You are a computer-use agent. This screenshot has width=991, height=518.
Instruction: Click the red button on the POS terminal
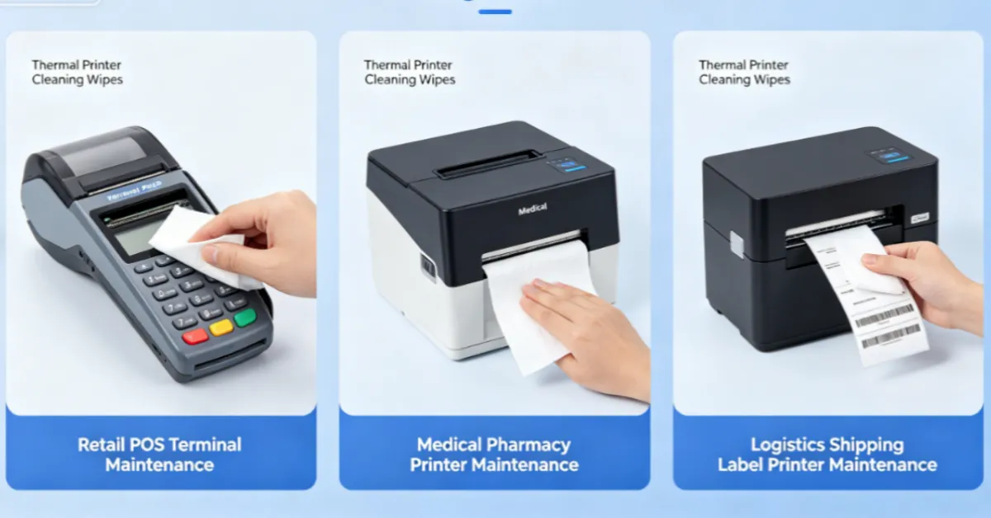195,337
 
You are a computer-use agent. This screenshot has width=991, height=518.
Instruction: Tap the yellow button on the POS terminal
220,327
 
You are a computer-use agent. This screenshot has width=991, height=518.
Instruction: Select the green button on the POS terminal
244,318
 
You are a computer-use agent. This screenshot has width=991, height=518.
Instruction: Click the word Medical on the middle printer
532,210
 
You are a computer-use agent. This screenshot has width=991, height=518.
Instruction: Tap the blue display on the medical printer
569,165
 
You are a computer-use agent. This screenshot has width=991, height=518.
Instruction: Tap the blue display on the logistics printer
889,155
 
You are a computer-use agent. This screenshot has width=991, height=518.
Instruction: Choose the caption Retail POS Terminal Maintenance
159,454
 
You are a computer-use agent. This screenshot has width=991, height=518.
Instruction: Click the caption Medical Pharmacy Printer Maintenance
494,454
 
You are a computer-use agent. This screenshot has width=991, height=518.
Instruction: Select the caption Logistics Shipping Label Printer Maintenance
827,454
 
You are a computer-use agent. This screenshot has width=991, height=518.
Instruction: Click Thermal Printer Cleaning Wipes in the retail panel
77,73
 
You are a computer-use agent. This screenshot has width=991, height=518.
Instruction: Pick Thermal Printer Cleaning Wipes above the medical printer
410,73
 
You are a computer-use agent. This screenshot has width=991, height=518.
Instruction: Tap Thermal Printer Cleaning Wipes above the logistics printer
744,73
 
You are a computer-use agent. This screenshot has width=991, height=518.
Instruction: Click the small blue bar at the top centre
495,12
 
